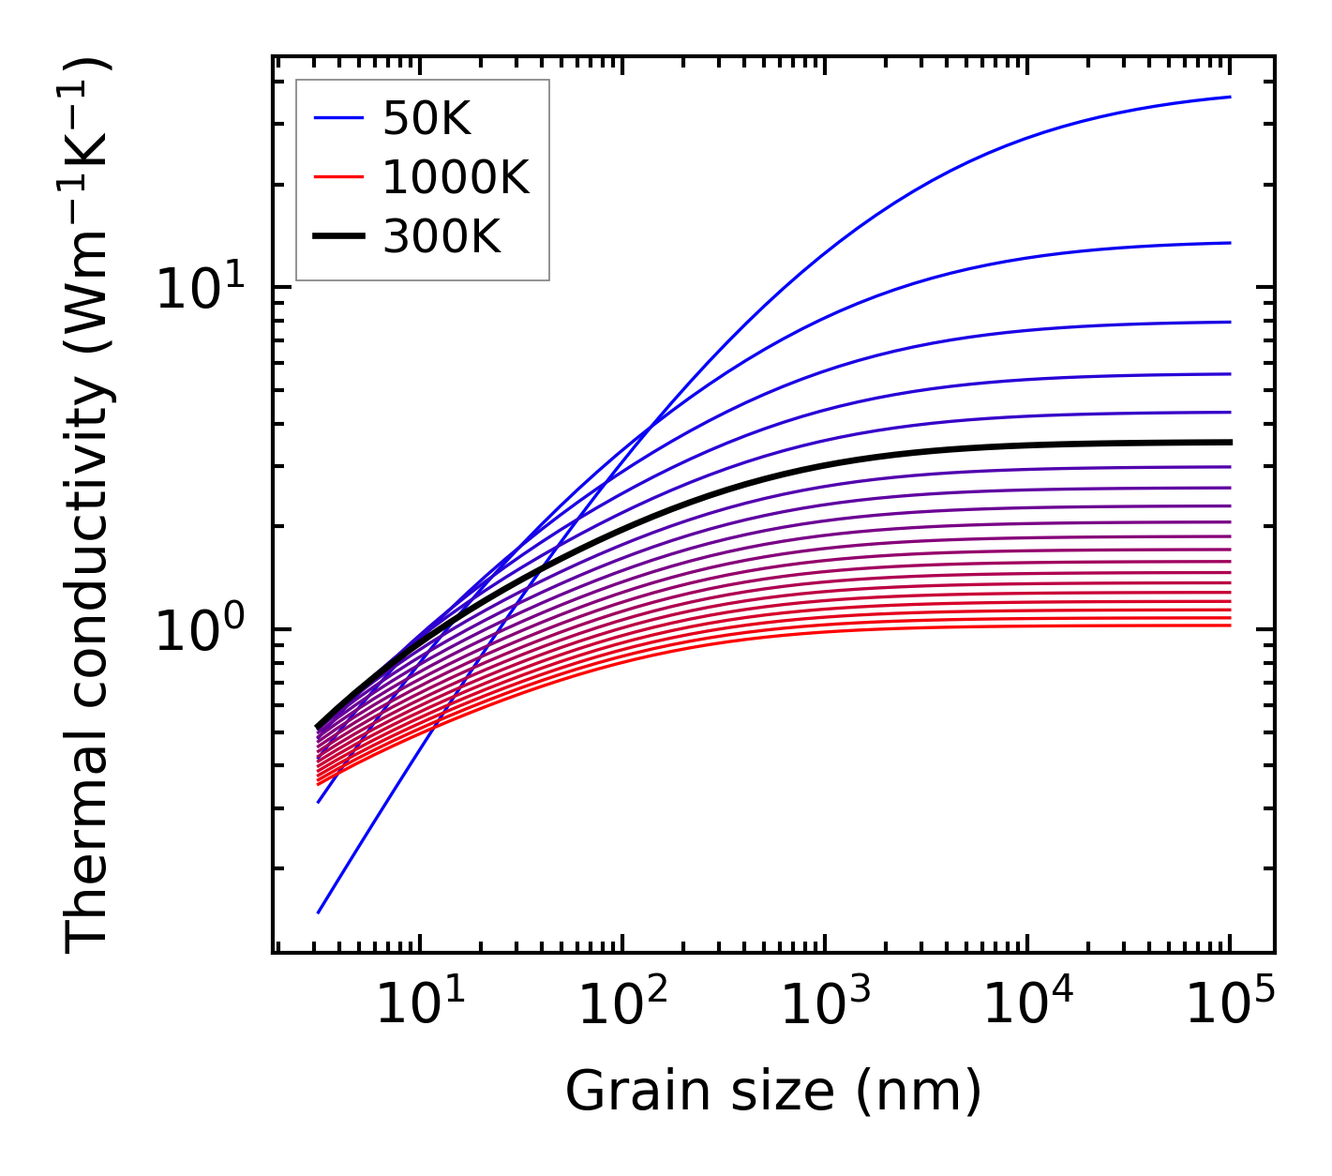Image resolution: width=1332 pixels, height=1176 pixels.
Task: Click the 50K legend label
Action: [x=426, y=119]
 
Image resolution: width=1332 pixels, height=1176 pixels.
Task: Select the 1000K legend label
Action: [x=456, y=178]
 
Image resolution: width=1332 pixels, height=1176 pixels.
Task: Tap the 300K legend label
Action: [x=442, y=237]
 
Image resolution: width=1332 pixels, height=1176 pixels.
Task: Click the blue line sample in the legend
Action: [x=338, y=118]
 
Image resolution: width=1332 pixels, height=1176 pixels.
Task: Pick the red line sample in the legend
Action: [x=338, y=177]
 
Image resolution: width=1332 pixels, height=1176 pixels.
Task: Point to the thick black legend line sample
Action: [x=338, y=236]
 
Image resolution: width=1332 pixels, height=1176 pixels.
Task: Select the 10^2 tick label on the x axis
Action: [x=621, y=1009]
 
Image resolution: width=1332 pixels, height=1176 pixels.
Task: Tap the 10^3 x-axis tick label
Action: [x=824, y=1009]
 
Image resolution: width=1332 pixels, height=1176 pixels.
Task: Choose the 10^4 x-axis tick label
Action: [x=1027, y=1009]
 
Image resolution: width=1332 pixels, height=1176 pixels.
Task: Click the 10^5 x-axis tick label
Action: [x=1230, y=1009]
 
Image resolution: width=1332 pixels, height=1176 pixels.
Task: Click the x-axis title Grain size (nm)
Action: [x=773, y=1092]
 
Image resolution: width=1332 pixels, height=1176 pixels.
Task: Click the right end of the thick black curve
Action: [x=1229, y=442]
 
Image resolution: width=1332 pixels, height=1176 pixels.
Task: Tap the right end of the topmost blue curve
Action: [x=1229, y=97]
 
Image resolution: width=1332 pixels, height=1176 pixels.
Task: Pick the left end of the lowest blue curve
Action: [x=320, y=912]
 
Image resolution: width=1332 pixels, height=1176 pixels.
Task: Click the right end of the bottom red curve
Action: [x=1229, y=626]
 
